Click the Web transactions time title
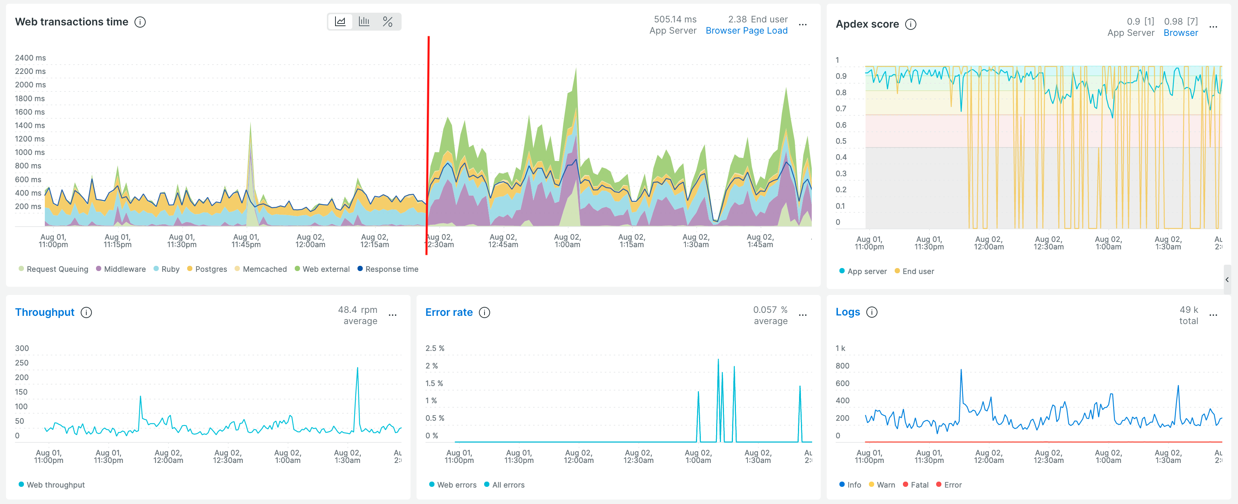[x=72, y=22]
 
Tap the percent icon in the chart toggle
[x=387, y=22]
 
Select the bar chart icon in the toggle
[x=364, y=22]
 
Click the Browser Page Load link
[x=746, y=31]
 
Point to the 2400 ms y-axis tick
[x=30, y=57]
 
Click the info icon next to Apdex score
[x=910, y=25]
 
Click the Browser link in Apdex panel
[x=1180, y=33]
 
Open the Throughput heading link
[x=45, y=312]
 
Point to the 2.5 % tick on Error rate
[x=434, y=348]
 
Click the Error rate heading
[x=448, y=312]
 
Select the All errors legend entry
[x=508, y=485]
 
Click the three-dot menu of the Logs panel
[x=1213, y=315]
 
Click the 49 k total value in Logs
[x=1188, y=310]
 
